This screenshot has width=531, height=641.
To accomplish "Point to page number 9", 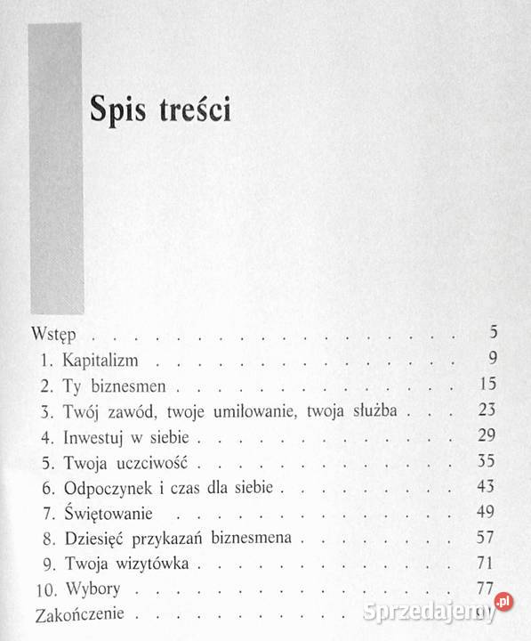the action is tap(491, 361).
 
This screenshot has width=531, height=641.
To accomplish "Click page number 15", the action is tap(487, 386).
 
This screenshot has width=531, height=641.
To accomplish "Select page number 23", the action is tap(487, 412).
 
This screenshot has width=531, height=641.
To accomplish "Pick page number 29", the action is tap(487, 437).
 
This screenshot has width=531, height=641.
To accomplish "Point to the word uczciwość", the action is tap(152, 464).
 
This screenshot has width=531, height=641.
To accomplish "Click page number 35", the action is tap(487, 463).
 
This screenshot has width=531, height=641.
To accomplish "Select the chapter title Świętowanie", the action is tap(109, 515).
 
